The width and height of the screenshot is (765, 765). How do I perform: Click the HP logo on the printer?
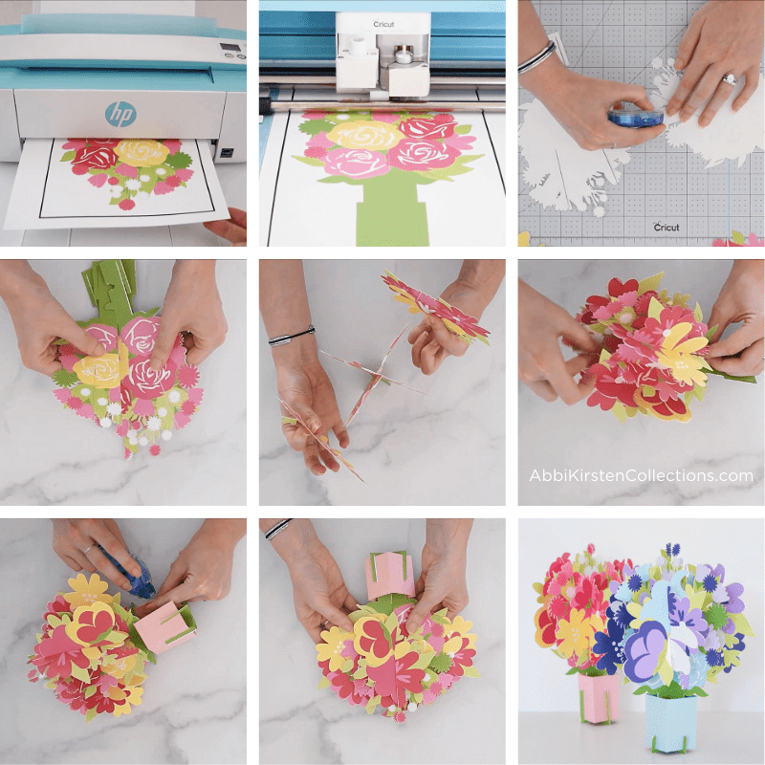point(120,115)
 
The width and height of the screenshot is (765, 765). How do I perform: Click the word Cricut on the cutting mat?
point(667,227)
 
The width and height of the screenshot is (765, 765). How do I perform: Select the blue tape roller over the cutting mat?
point(633,116)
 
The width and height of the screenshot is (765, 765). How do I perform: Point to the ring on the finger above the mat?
point(728,80)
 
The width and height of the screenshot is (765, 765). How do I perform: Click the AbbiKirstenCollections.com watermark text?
point(641,475)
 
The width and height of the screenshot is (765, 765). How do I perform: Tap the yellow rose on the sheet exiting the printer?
point(142,152)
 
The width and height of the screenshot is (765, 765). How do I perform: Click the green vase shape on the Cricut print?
point(382,210)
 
